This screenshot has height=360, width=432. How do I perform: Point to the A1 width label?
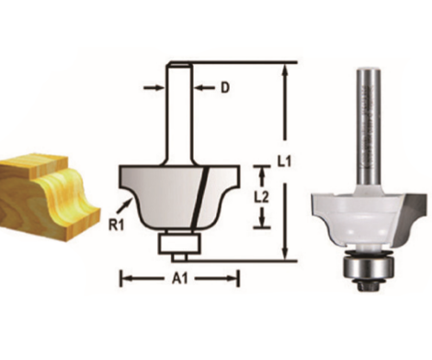coord(179,279)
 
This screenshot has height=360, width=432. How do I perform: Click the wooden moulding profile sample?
coord(42,191)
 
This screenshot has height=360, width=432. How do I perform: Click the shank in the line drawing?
coord(181,112)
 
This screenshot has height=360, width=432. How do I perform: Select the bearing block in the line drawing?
coord(178,242)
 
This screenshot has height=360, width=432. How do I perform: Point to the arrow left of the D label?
coord(154,88)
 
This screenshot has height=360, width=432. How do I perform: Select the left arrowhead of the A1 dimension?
coord(123,279)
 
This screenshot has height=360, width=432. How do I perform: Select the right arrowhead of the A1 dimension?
coord(234,279)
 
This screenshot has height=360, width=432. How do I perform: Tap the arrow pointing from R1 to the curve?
coord(129,204)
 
